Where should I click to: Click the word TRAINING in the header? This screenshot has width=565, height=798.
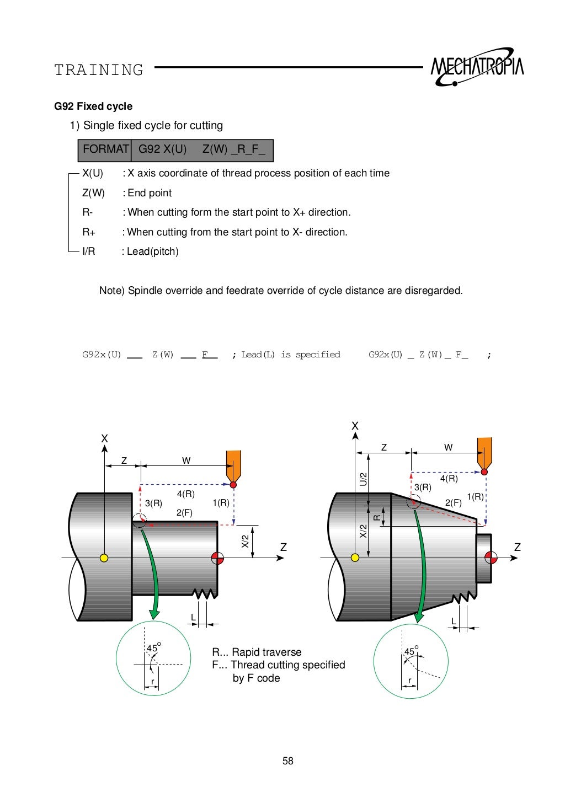click(x=99, y=70)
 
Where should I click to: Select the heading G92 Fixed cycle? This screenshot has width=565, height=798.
click(x=93, y=106)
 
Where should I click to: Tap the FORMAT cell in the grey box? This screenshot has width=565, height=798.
click(x=105, y=149)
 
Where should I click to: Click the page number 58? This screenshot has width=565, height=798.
click(x=287, y=761)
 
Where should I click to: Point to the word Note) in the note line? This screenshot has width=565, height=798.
click(x=112, y=291)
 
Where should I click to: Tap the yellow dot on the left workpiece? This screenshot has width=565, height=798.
click(x=104, y=558)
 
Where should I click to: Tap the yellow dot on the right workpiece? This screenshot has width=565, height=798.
click(x=355, y=558)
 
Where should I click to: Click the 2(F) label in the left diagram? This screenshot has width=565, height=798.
click(x=184, y=513)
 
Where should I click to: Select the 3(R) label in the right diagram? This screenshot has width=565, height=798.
click(x=423, y=487)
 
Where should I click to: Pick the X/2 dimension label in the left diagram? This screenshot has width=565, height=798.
click(x=245, y=542)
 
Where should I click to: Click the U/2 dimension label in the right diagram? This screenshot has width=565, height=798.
click(x=363, y=479)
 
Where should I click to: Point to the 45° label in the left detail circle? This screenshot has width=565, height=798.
click(x=153, y=648)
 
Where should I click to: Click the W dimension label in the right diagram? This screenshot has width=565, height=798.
click(x=448, y=447)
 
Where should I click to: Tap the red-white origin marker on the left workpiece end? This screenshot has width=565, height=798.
click(x=217, y=558)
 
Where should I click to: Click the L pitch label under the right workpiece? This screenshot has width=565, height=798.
click(x=454, y=621)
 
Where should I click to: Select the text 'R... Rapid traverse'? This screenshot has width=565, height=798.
click(x=257, y=652)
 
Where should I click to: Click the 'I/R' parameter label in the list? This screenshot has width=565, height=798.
click(x=89, y=251)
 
